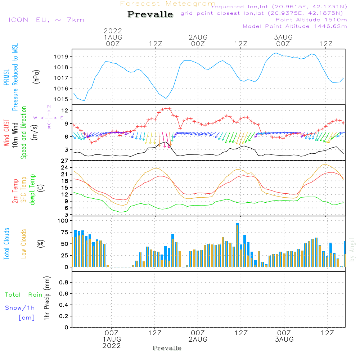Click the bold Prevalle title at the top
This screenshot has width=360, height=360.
pyautogui.click(x=150, y=14)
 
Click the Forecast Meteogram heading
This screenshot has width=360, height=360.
pyautogui.click(x=168, y=4)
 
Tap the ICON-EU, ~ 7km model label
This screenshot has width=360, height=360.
pyautogui.click(x=46, y=20)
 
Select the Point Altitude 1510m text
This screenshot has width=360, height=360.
pyautogui.click(x=311, y=20)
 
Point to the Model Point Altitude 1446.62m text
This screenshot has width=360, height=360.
pyautogui.click(x=295, y=26)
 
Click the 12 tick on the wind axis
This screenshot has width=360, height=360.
pyautogui.click(x=65, y=110)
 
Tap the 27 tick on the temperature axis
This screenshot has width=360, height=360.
pyautogui.click(x=65, y=161)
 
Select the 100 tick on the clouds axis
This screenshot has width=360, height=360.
pyautogui.click(x=63, y=221)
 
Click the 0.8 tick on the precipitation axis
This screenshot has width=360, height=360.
pyautogui.click(x=64, y=283)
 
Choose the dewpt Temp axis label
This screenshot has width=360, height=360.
pyautogui.click(x=32, y=190)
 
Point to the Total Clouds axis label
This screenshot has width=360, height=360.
pyautogui.click(x=7, y=244)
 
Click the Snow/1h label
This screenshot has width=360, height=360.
pyautogui.click(x=20, y=308)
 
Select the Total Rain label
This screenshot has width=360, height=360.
pyautogui.click(x=23, y=295)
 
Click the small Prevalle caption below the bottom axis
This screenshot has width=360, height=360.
pyautogui.click(x=167, y=348)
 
